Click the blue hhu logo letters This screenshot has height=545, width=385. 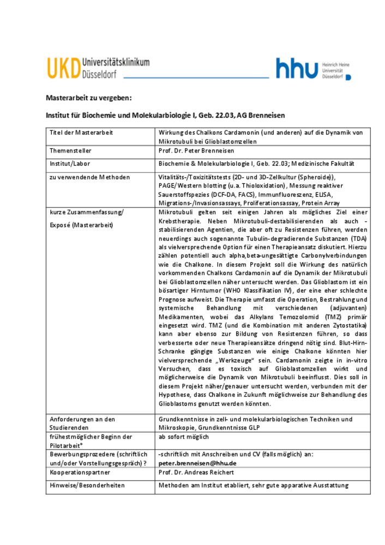coord(297,69)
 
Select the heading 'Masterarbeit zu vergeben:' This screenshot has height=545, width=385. coord(88,98)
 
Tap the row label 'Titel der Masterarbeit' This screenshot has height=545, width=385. coord(81,133)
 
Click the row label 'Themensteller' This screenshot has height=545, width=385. coord(70,150)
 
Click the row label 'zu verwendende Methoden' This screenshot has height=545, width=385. coord(89,177)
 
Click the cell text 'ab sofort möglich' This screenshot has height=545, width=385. coord(183,437)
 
